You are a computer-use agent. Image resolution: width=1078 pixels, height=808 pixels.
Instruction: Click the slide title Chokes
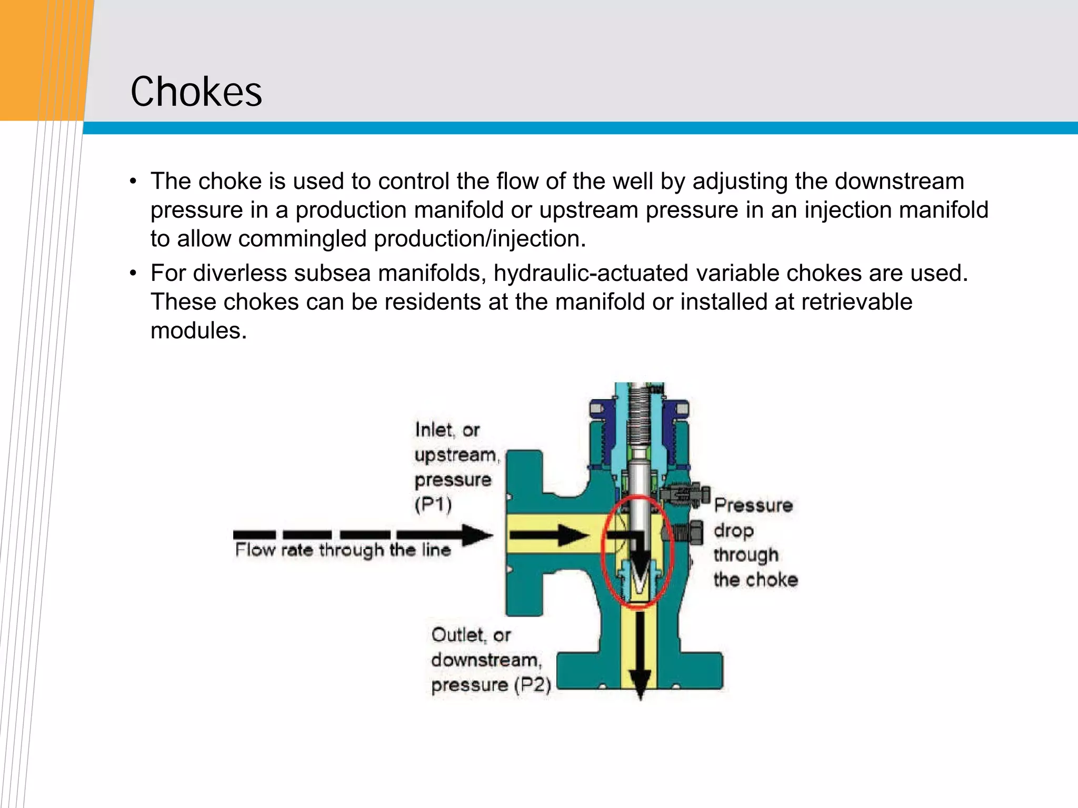click(x=196, y=92)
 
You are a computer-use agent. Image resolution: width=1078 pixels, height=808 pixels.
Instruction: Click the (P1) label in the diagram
click(x=433, y=505)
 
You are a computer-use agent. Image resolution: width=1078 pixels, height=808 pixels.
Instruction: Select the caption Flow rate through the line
click(x=343, y=551)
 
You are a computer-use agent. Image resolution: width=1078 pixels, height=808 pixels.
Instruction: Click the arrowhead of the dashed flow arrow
click(x=478, y=535)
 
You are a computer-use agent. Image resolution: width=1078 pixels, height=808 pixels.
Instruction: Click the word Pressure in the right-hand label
click(x=753, y=506)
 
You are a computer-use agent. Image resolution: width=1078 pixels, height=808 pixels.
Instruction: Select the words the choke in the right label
click(x=756, y=580)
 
